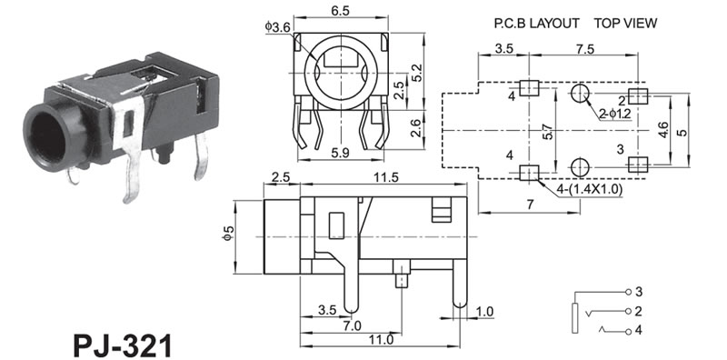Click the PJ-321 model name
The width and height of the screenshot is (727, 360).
pos(123,345)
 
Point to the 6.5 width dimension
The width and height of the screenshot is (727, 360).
pos(341,11)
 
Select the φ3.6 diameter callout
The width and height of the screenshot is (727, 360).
pos(278,27)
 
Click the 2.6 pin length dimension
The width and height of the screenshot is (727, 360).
pos(416,128)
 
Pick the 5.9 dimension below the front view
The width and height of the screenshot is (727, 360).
pos(340,153)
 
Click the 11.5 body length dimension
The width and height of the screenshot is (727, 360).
pos(383,177)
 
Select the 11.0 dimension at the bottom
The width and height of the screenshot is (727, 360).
pos(383,340)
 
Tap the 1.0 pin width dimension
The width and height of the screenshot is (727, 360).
pos(484,311)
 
